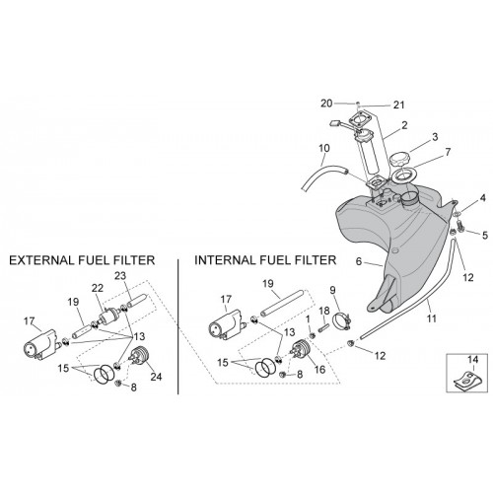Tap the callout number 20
pyautogui.click(x=326, y=104)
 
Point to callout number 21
pyautogui.click(x=398, y=105)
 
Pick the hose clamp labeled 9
pyautogui.click(x=343, y=320)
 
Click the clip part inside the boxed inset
pyautogui.click(x=464, y=382)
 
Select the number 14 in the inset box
pyautogui.click(x=472, y=360)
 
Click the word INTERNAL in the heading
pyautogui.click(x=226, y=260)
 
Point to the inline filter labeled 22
pyautogui.click(x=109, y=317)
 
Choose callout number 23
pyautogui.click(x=120, y=276)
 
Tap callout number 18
pyautogui.click(x=323, y=311)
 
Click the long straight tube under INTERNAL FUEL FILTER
pyautogui.click(x=281, y=304)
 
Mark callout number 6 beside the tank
pyautogui.click(x=359, y=261)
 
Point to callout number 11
pyautogui.click(x=431, y=318)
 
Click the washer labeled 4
pyautogui.click(x=457, y=214)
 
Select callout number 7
pyautogui.click(x=448, y=152)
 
